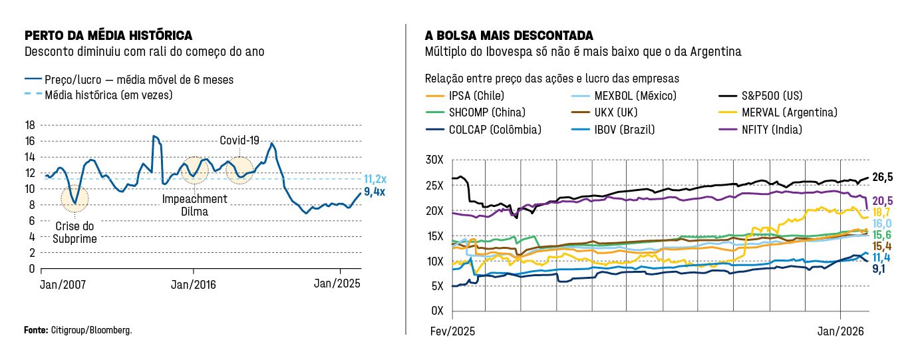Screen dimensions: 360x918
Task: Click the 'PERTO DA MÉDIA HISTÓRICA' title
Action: (108, 35)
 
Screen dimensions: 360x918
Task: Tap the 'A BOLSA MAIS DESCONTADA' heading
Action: (509, 35)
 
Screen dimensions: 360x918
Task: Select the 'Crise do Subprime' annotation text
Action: (75, 233)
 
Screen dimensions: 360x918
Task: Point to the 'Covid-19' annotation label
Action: (239, 141)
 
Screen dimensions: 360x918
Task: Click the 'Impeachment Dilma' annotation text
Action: (194, 205)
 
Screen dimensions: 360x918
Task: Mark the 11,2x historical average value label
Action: (376, 179)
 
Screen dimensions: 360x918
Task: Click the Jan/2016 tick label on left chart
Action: (194, 283)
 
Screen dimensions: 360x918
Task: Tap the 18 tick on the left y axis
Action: (29, 125)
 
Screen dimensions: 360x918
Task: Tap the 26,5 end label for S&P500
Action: (882, 177)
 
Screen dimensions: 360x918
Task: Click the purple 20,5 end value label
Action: (882, 201)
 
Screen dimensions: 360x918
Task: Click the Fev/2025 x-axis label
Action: (451, 331)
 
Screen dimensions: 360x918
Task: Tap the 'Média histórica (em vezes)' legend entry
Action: (108, 95)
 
